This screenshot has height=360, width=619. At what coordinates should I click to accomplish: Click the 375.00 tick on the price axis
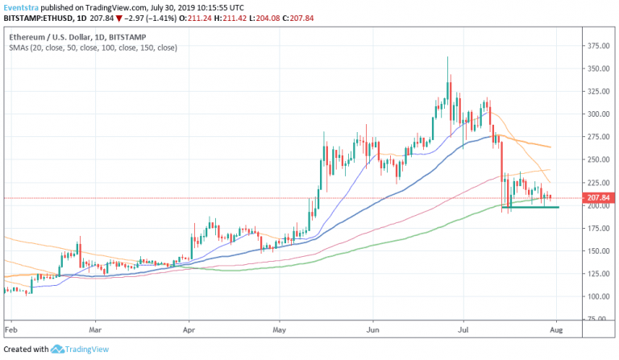[597, 46]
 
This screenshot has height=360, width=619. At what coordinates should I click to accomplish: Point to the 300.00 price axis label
[597, 114]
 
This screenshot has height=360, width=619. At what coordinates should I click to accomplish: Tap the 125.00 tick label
[597, 274]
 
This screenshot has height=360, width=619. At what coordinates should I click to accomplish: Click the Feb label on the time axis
[10, 330]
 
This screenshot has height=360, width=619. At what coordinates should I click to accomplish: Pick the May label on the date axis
[280, 330]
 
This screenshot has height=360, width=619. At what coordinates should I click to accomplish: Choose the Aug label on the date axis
[555, 330]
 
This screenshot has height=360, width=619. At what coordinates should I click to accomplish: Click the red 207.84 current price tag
[600, 198]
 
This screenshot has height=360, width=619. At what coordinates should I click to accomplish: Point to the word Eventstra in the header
[23, 5]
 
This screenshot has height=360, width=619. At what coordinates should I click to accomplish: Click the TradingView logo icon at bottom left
[57, 350]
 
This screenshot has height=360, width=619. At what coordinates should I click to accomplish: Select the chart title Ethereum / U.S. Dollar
[54, 37]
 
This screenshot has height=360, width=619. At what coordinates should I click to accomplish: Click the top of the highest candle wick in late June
[447, 57]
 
